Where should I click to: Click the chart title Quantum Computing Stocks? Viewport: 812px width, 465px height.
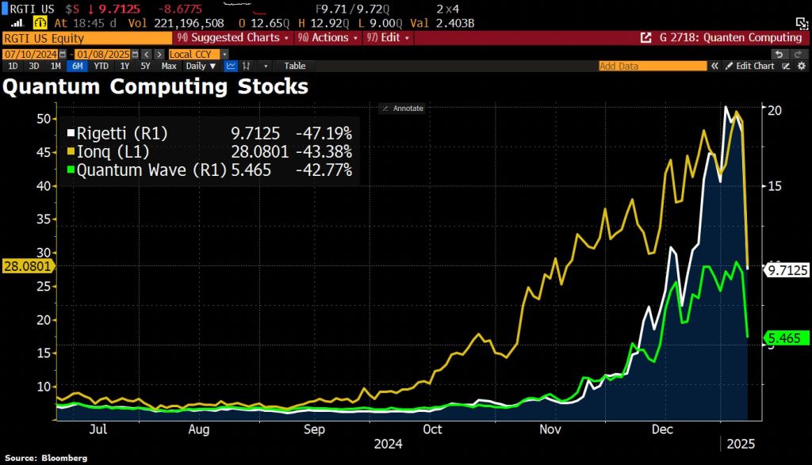(155, 86)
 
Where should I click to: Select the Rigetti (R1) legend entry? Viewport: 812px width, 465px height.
(120, 132)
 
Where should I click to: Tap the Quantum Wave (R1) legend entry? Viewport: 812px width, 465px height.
(147, 170)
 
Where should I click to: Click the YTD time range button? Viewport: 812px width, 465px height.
(101, 66)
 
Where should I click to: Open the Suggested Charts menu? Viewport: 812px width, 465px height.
(235, 37)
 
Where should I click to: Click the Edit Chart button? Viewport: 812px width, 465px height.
(749, 66)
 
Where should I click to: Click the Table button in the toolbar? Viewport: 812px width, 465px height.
(295, 66)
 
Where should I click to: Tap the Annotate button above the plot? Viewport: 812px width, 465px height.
(402, 108)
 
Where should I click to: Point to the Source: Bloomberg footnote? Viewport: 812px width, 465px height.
(44, 458)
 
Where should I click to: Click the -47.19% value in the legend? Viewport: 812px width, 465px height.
(324, 132)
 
